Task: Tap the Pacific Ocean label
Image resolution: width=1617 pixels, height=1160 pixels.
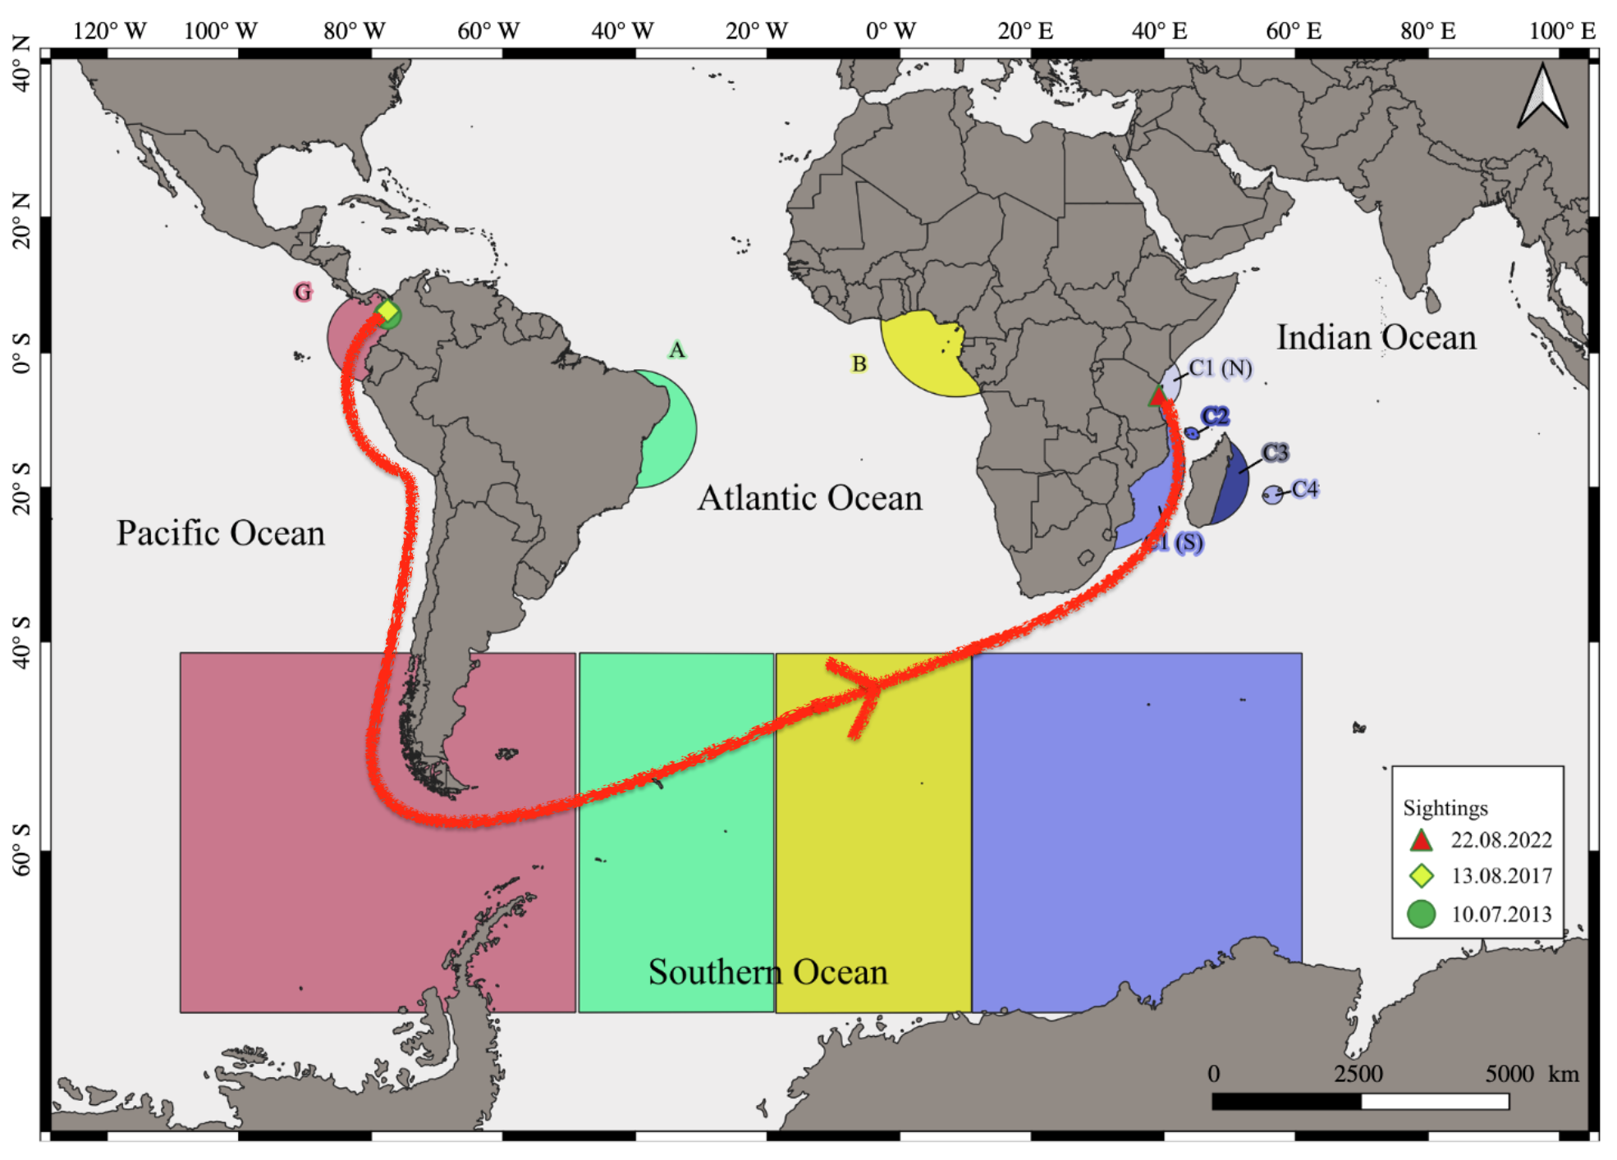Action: coord(220,533)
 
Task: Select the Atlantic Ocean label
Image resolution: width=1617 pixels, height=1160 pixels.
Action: coord(809,498)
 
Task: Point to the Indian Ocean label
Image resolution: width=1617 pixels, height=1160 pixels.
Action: coord(1376,337)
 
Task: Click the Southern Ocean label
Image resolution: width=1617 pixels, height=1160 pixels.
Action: coord(767,972)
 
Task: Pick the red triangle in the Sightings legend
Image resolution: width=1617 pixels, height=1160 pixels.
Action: coord(1421,840)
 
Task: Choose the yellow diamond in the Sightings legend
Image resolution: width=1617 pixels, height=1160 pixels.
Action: coord(1421,876)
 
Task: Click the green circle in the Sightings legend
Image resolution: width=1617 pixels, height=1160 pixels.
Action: coord(1421,913)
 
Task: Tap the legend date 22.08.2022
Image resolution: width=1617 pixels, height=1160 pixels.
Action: coord(1501,840)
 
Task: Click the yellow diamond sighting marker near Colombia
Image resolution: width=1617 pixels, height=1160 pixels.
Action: coord(387,311)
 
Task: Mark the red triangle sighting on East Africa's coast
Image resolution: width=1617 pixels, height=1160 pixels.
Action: coord(1157,397)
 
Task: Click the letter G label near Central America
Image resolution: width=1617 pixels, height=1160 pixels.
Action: coord(303,291)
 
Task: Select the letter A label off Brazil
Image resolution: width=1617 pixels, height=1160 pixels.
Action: coord(676,350)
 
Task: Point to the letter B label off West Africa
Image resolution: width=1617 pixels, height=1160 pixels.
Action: coord(859,363)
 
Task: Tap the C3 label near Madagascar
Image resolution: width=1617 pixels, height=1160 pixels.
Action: coord(1275,452)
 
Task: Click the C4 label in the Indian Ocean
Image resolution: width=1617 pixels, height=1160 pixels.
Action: coord(1304,489)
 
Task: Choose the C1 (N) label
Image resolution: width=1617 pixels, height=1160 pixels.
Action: coord(1221,368)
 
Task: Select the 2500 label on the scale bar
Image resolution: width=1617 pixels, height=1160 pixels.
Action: coord(1358,1074)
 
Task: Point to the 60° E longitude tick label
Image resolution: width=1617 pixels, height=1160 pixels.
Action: coord(1294,31)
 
